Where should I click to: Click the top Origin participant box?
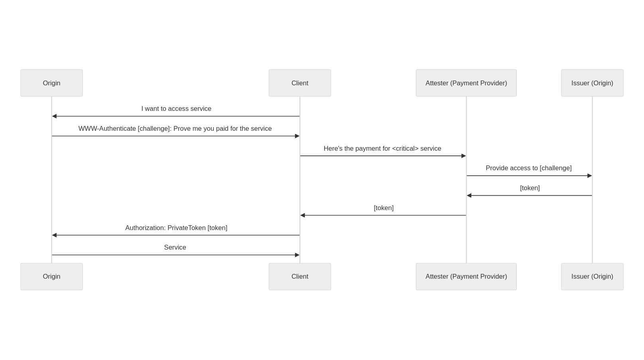(x=51, y=83)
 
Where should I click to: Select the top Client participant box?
(x=300, y=83)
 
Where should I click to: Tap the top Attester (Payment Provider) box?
(x=466, y=83)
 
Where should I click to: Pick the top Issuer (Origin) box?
(x=592, y=83)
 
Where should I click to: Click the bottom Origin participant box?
(x=51, y=277)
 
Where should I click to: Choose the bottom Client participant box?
(x=300, y=277)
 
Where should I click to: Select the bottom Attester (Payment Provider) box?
(x=466, y=277)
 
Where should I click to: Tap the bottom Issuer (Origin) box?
(x=592, y=277)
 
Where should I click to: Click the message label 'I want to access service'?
(x=176, y=109)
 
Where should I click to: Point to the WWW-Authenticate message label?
(x=175, y=128)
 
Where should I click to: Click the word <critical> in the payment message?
(x=406, y=149)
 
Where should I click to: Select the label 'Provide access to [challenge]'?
(x=529, y=168)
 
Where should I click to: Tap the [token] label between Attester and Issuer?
(x=530, y=188)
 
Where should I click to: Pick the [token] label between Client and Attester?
(x=384, y=208)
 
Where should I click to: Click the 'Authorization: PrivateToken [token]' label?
(x=176, y=228)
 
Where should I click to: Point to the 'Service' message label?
(x=175, y=247)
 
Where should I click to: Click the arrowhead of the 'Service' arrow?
(x=297, y=255)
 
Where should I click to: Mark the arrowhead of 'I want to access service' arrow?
(x=54, y=116)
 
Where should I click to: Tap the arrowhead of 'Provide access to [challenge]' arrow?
(x=590, y=176)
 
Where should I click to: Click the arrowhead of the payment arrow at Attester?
(x=463, y=156)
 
